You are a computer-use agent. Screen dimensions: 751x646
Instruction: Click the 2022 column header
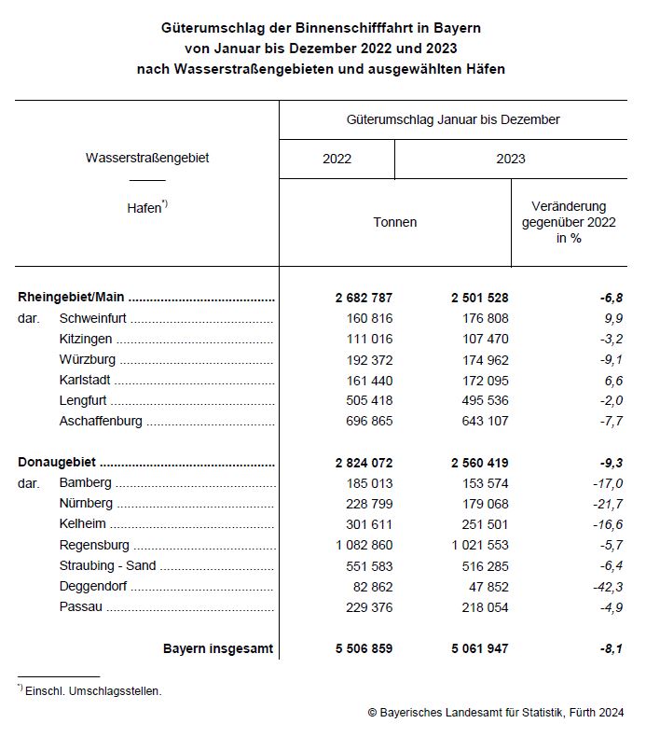(x=337, y=159)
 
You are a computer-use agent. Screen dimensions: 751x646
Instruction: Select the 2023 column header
(x=510, y=159)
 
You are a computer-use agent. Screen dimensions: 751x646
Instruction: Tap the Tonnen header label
(x=394, y=222)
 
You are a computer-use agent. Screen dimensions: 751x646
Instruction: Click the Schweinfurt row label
(x=93, y=319)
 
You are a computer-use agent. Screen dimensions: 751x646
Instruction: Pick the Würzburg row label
(x=88, y=360)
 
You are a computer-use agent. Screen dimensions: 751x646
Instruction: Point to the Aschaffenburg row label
(x=101, y=422)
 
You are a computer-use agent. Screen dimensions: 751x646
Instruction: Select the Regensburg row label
(x=94, y=545)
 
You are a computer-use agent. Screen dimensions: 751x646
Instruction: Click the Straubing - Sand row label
(x=107, y=565)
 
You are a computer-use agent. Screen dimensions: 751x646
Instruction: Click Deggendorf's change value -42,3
(x=606, y=586)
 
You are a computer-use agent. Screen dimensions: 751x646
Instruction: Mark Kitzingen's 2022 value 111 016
(x=366, y=340)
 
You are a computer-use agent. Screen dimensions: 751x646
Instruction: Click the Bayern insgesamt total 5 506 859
(x=364, y=648)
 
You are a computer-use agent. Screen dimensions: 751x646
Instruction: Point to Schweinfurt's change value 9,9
(x=612, y=319)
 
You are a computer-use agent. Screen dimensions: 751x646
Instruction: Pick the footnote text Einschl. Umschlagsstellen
(x=94, y=691)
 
